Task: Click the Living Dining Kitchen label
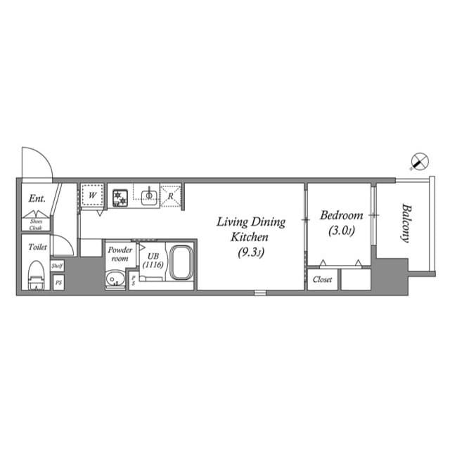(250, 237)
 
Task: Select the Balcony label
(406, 224)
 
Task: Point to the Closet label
(322, 279)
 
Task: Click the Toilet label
(37, 247)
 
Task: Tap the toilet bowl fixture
(35, 275)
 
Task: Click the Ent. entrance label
(37, 199)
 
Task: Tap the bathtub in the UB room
(182, 264)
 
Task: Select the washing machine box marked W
(92, 195)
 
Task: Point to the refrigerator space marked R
(171, 195)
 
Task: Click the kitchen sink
(148, 195)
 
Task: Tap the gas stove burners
(120, 195)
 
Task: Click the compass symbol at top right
(418, 162)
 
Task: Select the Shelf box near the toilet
(58, 266)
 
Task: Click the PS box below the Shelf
(58, 282)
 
